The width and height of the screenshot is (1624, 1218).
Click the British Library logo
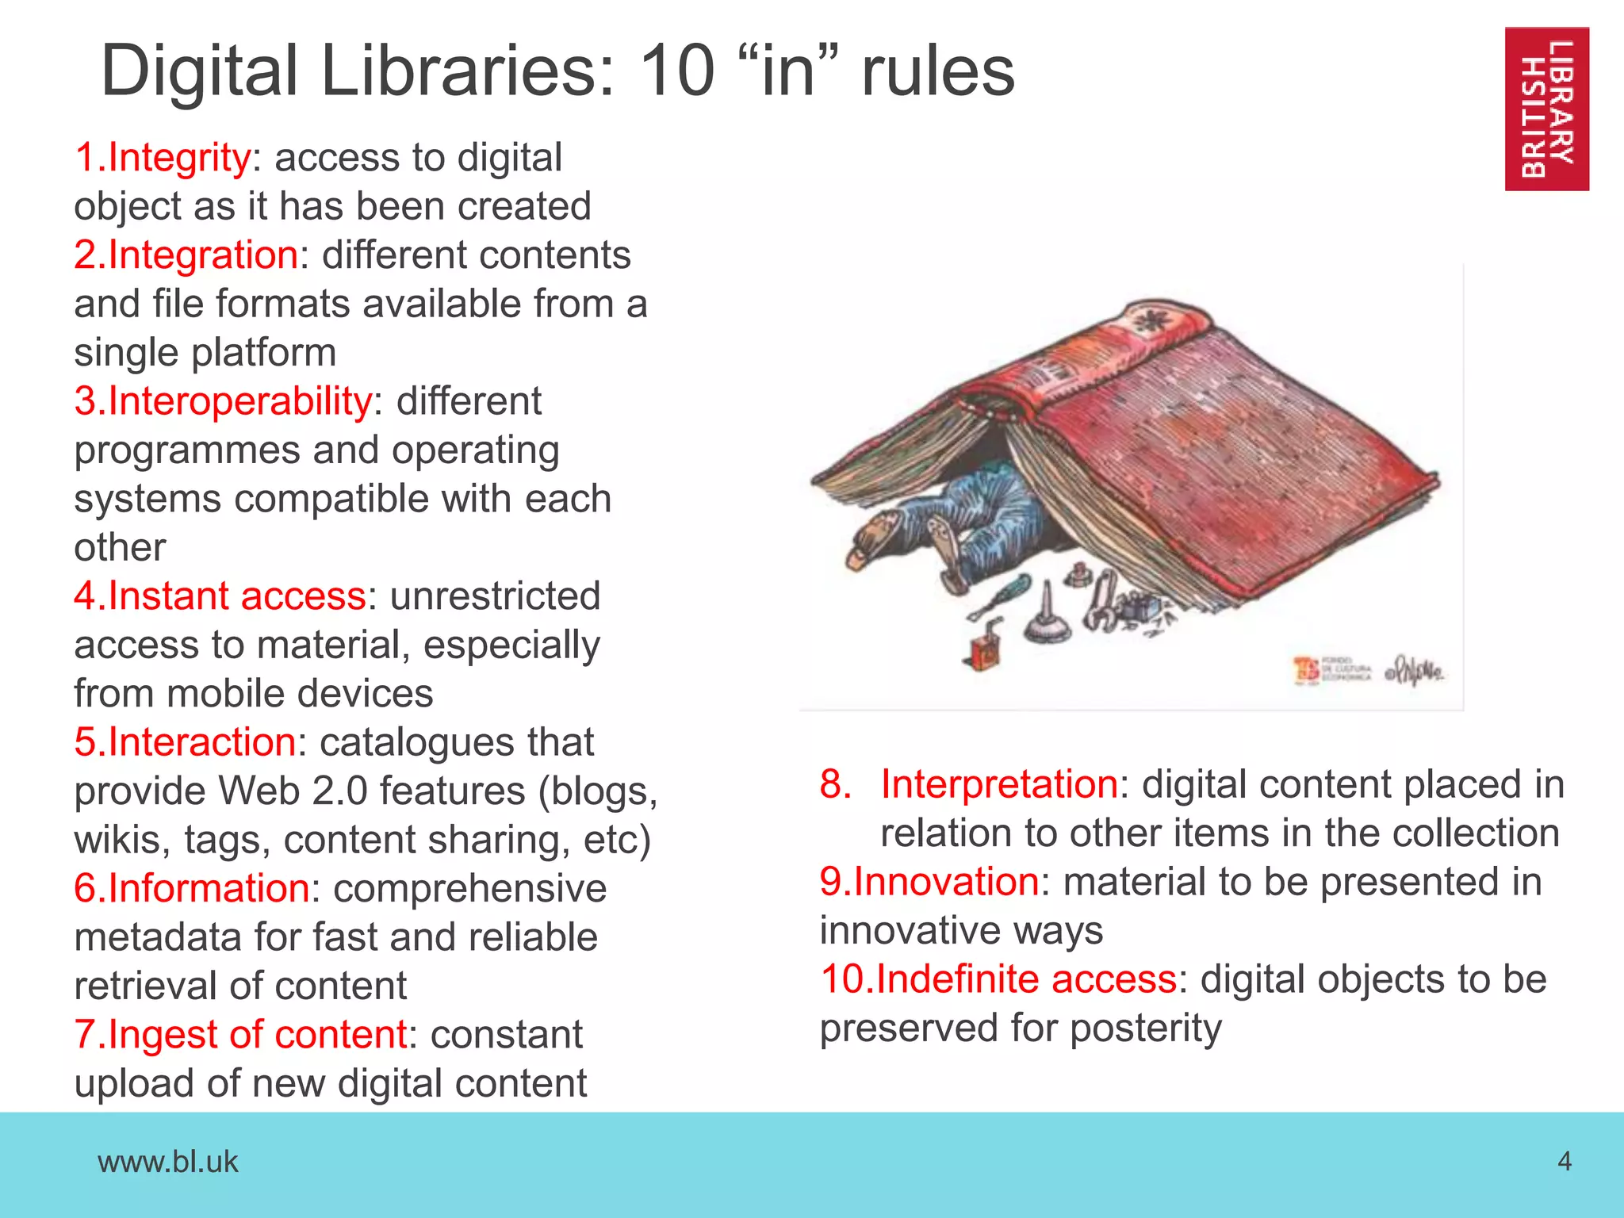pos(1546,109)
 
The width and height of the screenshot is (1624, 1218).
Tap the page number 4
pos(1565,1162)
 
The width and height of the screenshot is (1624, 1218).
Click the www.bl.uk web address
pos(167,1162)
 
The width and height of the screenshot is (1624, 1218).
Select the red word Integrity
pos(179,157)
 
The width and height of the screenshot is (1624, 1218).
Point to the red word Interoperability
pos(239,400)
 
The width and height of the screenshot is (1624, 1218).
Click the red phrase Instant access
pos(236,596)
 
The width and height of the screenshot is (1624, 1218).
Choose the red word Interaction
pos(201,742)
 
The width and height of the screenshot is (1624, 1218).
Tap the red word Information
pos(208,888)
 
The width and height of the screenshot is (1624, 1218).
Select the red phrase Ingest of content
pos(257,1034)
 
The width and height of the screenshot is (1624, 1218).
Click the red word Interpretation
pos(999,784)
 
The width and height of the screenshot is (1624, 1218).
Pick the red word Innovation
pos(946,882)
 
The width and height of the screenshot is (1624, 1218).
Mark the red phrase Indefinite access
pos(1026,979)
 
